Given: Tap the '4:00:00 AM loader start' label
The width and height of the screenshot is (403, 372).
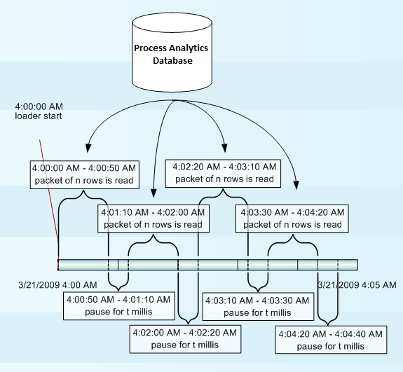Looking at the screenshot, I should point(38,111).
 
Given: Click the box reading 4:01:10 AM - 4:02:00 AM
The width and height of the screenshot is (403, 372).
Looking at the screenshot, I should point(152,218).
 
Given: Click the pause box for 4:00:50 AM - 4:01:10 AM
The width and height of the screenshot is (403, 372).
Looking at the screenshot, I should point(118,305).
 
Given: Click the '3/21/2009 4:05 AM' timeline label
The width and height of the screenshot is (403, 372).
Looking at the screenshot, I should point(357,285).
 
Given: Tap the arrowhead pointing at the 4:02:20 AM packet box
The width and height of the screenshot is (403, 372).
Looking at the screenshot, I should point(224,149).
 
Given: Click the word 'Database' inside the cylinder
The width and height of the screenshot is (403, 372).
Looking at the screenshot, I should point(172,61).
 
